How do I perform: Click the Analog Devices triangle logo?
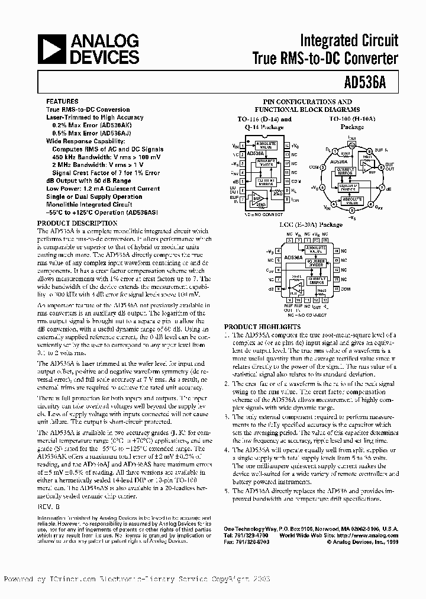pyautogui.click(x=53, y=49)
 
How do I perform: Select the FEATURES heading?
pyautogui.click(x=62, y=101)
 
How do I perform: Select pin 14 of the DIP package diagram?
pyautogui.click(x=286, y=145)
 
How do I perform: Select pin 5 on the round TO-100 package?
pyautogui.click(x=352, y=209)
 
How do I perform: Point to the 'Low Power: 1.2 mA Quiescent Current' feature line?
pyautogui.click(x=103, y=189)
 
